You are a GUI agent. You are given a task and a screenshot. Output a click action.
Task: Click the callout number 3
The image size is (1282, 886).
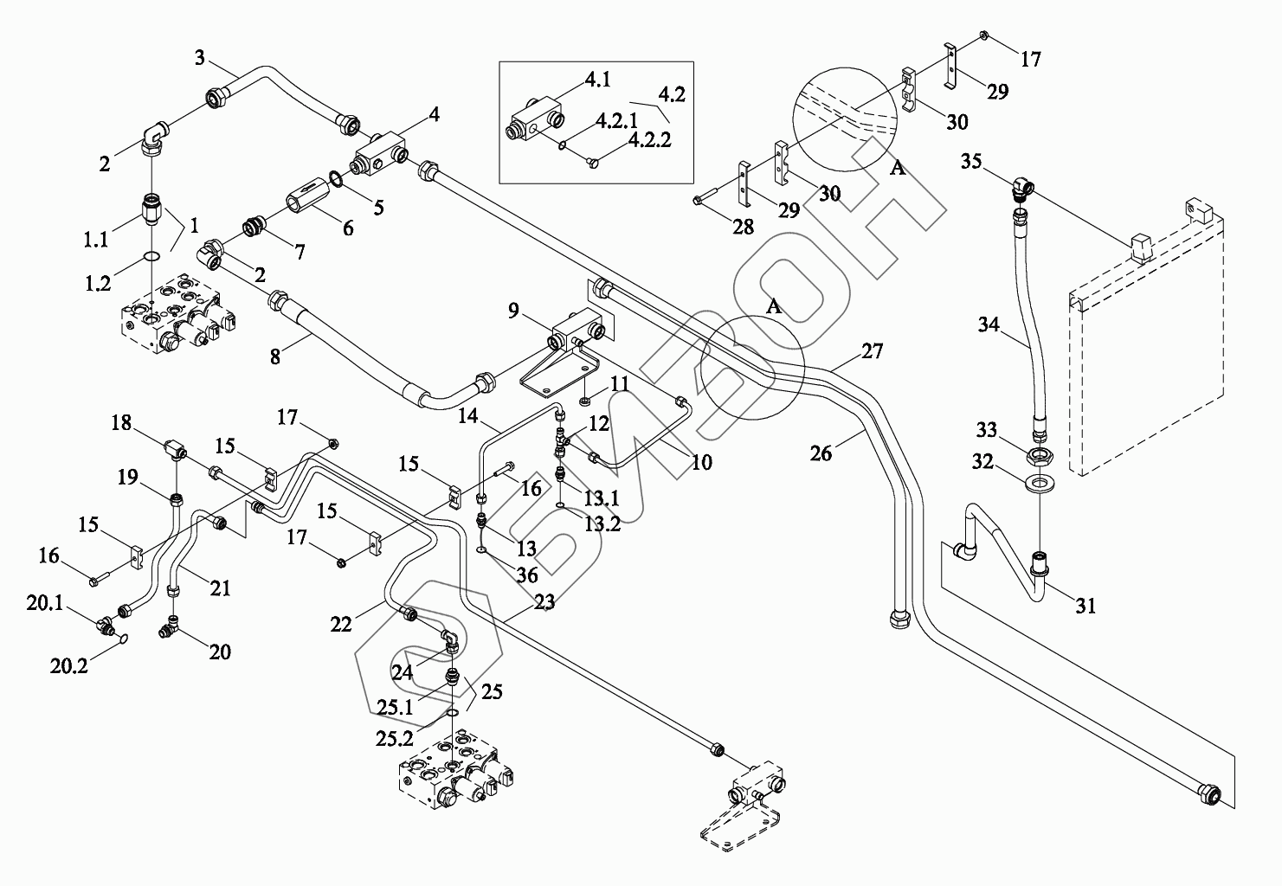click(x=199, y=58)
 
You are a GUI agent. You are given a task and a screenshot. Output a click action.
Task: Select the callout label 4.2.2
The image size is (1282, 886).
click(x=649, y=139)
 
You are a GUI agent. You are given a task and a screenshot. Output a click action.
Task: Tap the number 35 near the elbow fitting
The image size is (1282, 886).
click(x=971, y=161)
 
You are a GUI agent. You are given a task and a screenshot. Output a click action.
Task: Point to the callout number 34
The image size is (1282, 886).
click(x=989, y=324)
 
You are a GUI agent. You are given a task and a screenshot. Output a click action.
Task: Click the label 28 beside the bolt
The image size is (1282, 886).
click(x=743, y=227)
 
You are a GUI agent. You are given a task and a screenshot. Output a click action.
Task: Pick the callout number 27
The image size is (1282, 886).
click(x=873, y=350)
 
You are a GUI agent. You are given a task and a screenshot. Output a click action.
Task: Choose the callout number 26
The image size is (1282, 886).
click(x=821, y=453)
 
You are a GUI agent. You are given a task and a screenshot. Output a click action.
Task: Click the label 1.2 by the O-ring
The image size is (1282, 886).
click(x=98, y=283)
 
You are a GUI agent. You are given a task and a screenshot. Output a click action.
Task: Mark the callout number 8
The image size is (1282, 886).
click(x=275, y=356)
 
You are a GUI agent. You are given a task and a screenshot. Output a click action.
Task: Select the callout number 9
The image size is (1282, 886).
click(x=513, y=311)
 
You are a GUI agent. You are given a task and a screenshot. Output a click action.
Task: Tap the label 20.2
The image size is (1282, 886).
click(x=68, y=665)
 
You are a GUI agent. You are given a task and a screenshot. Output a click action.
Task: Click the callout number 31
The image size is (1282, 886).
click(x=1086, y=605)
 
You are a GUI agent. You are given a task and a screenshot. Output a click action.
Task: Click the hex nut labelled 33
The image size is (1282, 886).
click(x=1039, y=456)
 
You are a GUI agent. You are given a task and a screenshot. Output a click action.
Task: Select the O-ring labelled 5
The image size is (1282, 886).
click(x=337, y=179)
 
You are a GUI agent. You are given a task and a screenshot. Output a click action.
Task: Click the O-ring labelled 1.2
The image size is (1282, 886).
click(x=151, y=255)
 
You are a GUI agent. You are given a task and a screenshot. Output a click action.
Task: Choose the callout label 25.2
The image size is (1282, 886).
click(x=395, y=738)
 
